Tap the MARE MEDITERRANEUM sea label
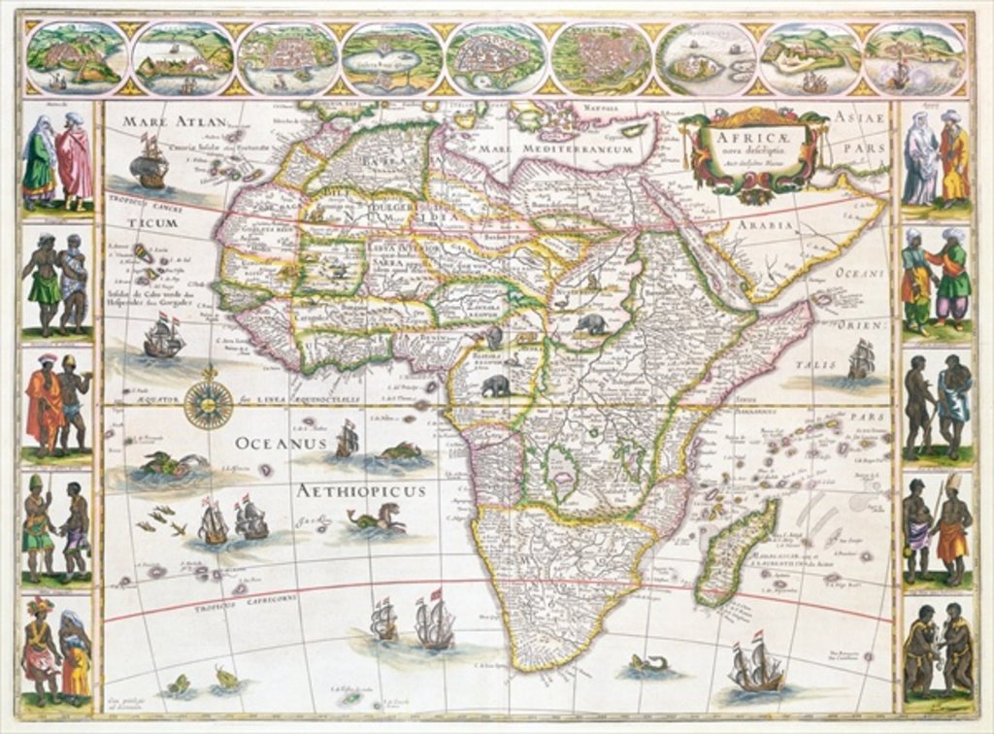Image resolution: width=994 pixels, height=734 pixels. (573, 150)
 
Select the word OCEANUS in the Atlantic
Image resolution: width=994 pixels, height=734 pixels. (278, 444)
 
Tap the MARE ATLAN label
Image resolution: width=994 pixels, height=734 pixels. (174, 121)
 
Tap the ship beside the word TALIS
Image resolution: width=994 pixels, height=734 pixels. (860, 359)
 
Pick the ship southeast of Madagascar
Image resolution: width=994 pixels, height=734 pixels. (757, 665)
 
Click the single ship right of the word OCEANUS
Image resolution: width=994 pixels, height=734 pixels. (347, 440)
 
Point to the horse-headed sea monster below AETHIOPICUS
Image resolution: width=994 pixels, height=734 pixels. (380, 519)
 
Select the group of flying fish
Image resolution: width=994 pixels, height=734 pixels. (161, 521)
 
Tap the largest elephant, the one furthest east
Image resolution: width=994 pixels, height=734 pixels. (589, 323)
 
